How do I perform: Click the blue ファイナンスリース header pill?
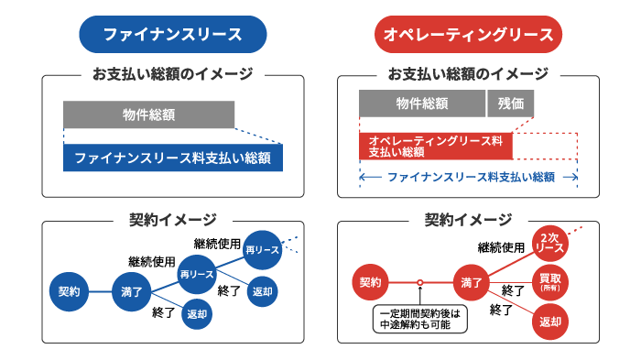point(172,35)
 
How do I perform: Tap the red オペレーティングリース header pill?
point(468,35)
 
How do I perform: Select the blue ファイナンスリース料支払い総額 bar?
point(173,158)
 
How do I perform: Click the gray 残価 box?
point(512,103)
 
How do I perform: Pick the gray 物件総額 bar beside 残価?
point(422,103)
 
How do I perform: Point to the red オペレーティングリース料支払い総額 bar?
point(435,146)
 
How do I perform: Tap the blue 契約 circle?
point(69,291)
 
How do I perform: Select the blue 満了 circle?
point(131,291)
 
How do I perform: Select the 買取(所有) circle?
point(550,281)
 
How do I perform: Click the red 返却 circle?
point(550,322)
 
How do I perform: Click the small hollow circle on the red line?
point(419,281)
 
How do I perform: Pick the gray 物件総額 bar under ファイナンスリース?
point(148,115)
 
